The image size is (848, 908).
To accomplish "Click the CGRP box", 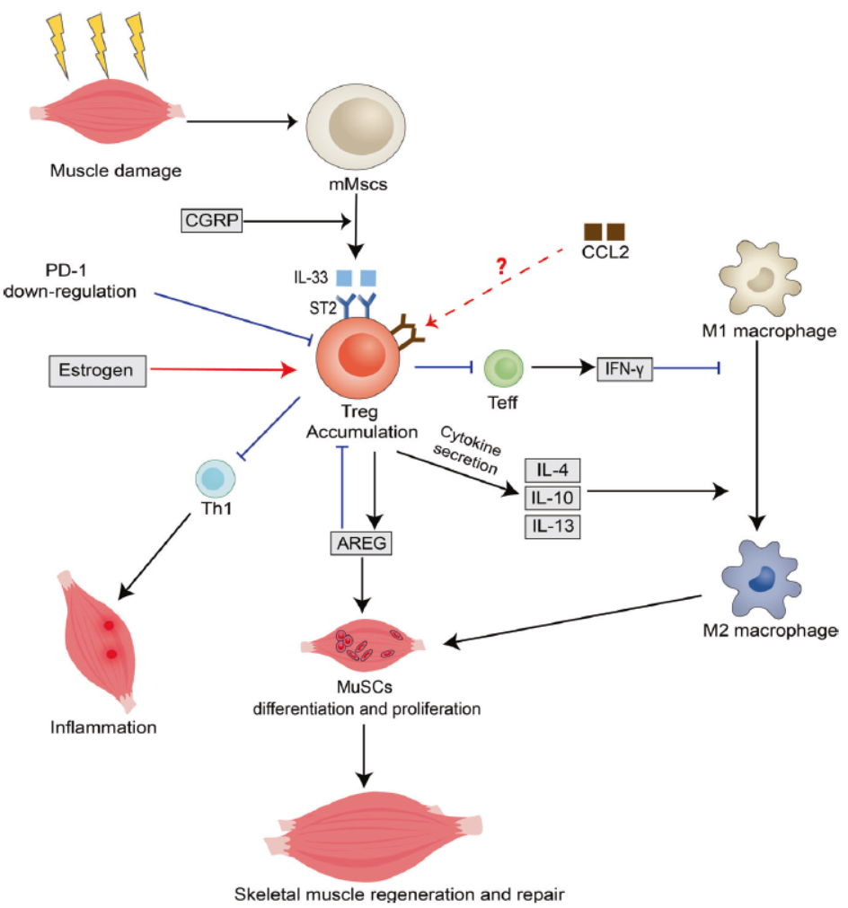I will click(x=212, y=220).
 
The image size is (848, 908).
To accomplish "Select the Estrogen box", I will click(x=95, y=370).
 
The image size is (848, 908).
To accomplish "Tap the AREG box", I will click(x=360, y=543).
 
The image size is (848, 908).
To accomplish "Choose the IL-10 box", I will click(x=552, y=498).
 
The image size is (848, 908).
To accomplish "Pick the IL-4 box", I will click(x=552, y=469).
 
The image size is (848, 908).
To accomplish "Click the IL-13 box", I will click(x=552, y=526).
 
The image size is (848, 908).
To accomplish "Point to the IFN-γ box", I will click(x=624, y=366).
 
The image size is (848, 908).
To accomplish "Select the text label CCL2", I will click(x=606, y=253).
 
